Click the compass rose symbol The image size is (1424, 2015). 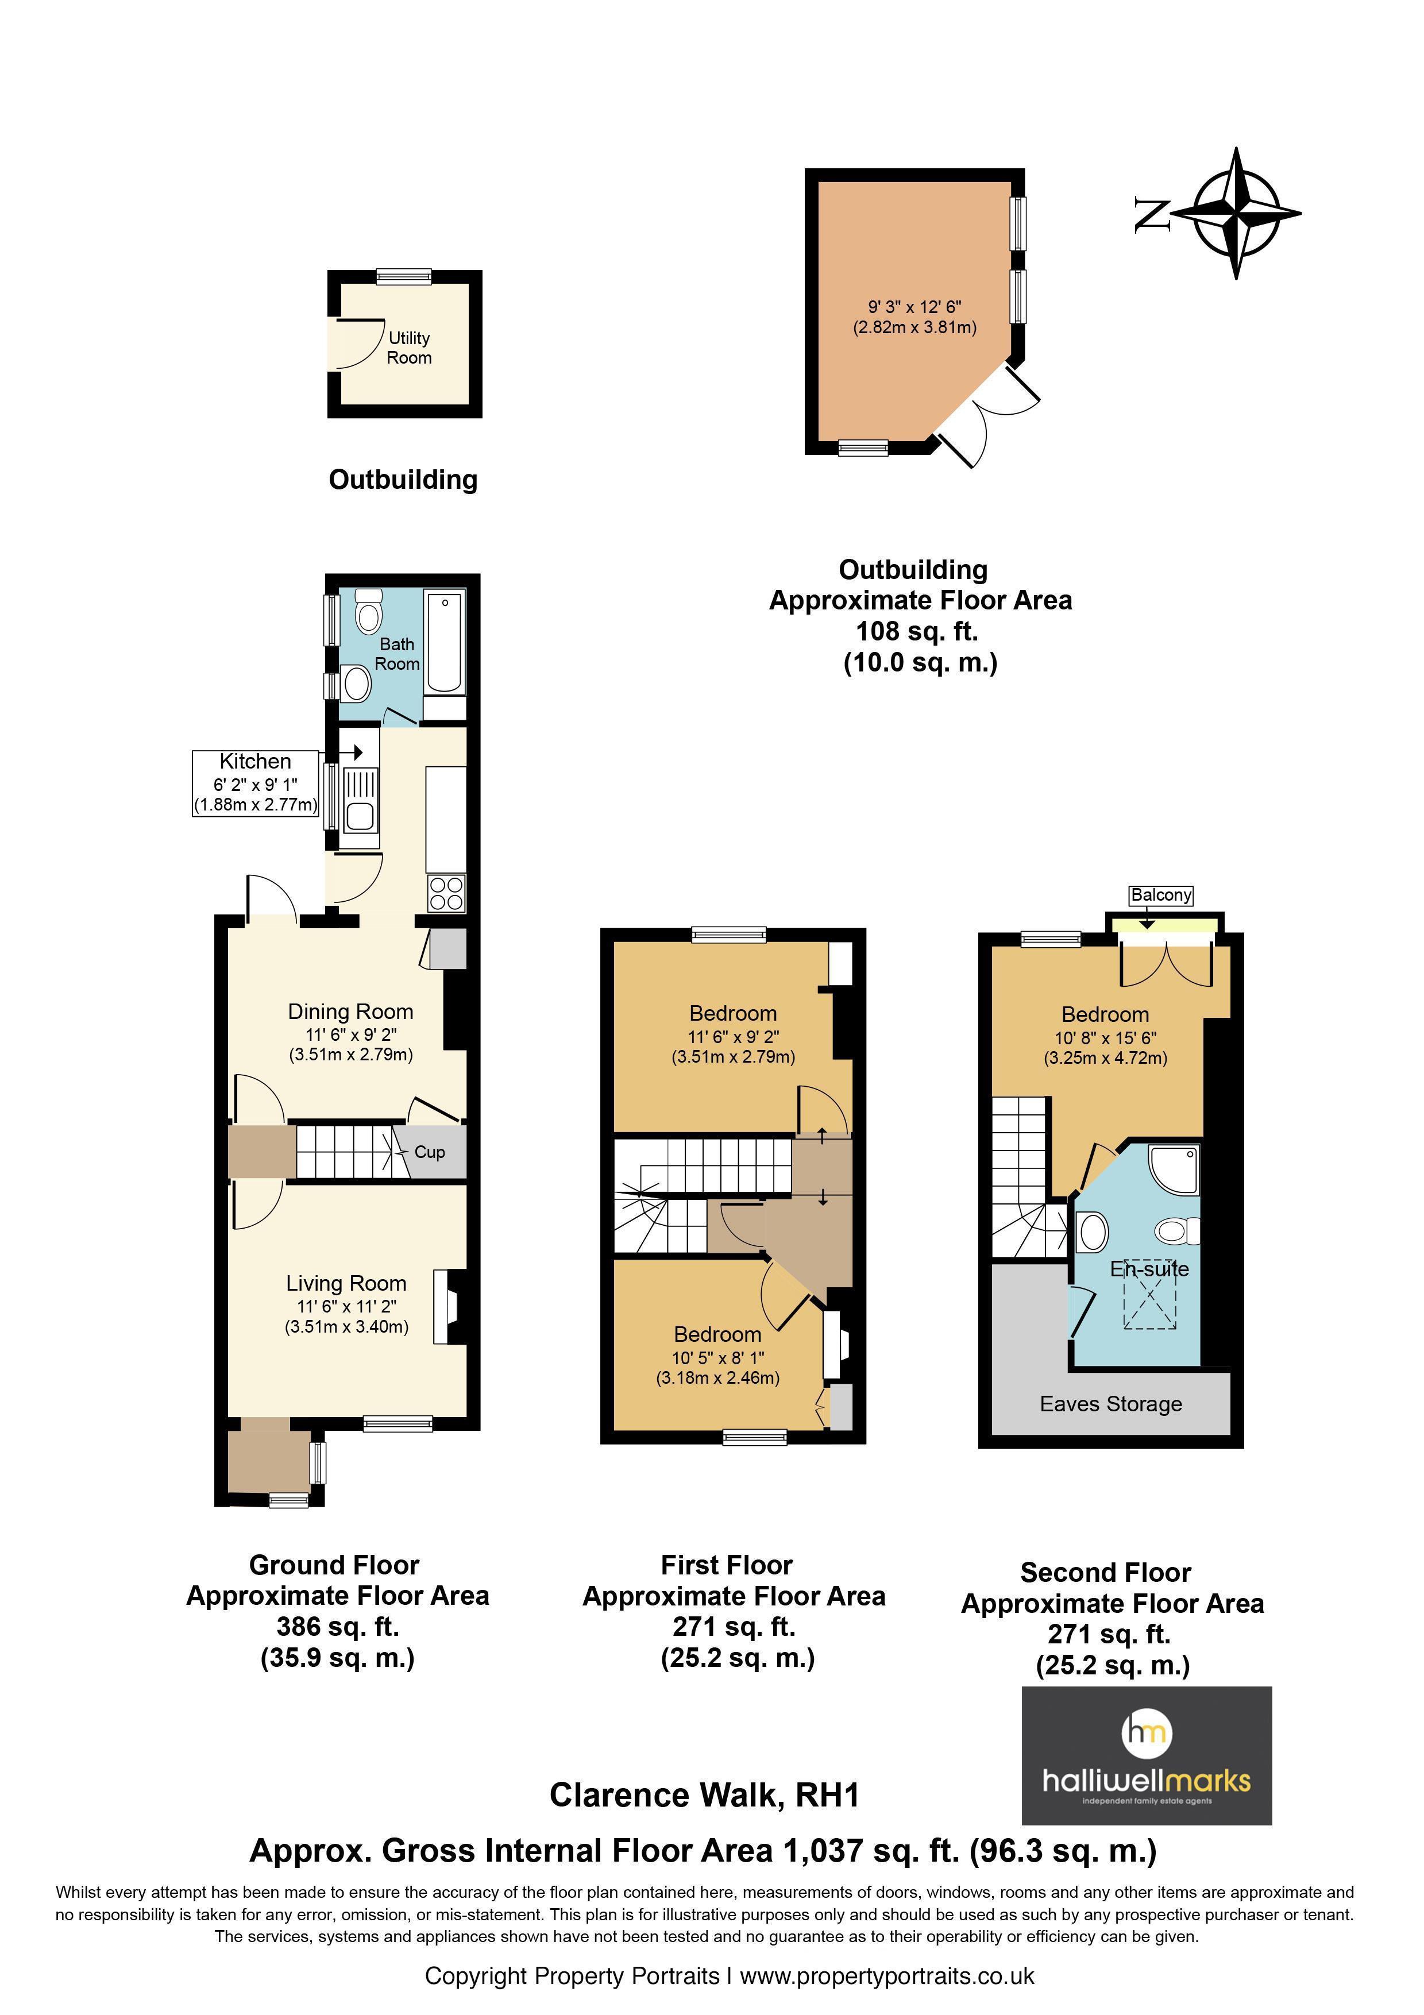point(1236,213)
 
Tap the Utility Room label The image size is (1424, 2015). point(409,348)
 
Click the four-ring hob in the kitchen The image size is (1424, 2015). point(446,893)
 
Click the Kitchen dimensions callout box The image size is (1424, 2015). point(255,783)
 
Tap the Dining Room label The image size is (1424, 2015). point(351,1012)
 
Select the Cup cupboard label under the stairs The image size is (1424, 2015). point(430,1152)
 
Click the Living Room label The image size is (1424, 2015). point(346,1284)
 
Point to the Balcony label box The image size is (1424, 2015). point(1161,895)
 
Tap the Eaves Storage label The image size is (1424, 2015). point(1111,1404)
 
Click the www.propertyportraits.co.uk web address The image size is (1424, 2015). point(887,1977)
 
